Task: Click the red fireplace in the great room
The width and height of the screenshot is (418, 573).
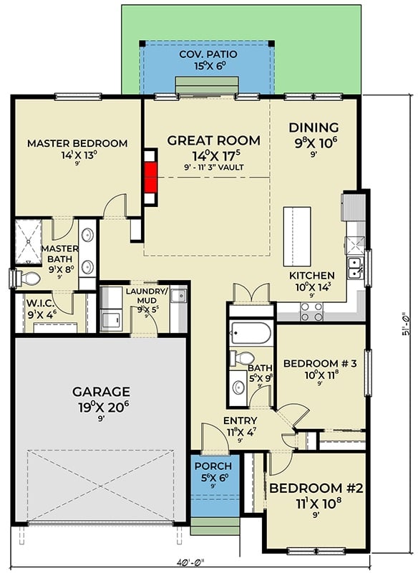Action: click(x=150, y=178)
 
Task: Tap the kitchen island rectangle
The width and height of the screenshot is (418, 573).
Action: click(x=297, y=236)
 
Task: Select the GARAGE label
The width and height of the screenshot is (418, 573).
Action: click(x=101, y=392)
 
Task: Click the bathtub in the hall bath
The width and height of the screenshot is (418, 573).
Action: click(x=251, y=333)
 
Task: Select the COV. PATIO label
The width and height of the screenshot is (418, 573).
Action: click(x=207, y=54)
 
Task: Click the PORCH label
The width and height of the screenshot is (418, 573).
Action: click(x=214, y=466)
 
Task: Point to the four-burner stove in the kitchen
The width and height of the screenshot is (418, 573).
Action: click(x=311, y=312)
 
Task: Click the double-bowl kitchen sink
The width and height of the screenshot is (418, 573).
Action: click(x=355, y=268)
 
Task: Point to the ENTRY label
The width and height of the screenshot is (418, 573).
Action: click(x=240, y=420)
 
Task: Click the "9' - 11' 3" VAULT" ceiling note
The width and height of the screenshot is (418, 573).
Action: click(x=214, y=167)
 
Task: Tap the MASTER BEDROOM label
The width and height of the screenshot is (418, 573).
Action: click(x=77, y=143)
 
